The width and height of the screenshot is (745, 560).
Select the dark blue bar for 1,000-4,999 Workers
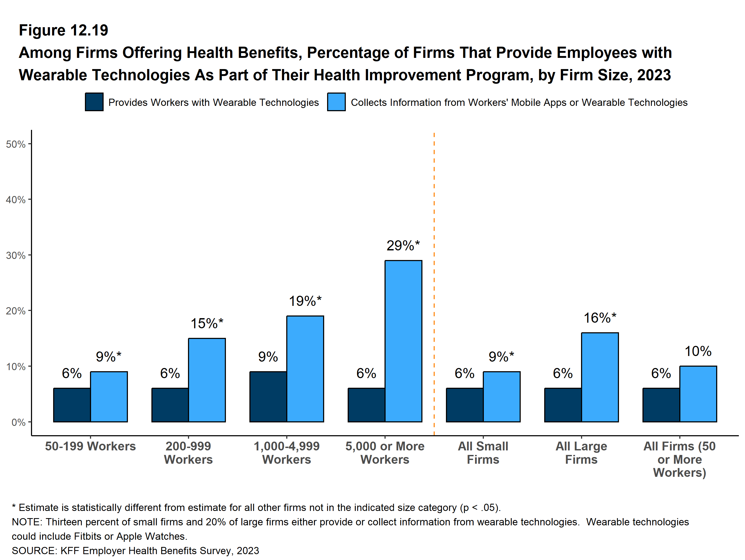tap(268, 397)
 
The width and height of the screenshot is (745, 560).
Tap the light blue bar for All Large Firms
tap(600, 377)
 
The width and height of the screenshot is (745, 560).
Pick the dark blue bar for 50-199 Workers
tap(72, 405)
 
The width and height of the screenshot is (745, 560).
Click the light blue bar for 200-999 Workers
tap(207, 380)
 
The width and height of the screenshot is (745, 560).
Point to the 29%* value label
tap(403, 246)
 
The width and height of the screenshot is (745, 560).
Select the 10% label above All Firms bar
tap(698, 351)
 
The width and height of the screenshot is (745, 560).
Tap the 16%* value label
tap(600, 318)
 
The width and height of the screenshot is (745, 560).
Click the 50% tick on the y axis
tap(16, 144)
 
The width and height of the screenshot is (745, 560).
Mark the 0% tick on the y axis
tap(18, 422)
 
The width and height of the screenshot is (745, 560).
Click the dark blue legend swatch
tap(94, 102)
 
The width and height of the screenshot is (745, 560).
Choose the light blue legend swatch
tap(336, 102)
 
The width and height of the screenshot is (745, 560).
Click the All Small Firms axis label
tap(483, 453)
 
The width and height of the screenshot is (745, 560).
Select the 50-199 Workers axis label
tap(90, 446)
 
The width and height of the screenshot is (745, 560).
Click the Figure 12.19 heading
tap(63, 30)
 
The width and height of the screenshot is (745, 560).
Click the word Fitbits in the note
tap(88, 536)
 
